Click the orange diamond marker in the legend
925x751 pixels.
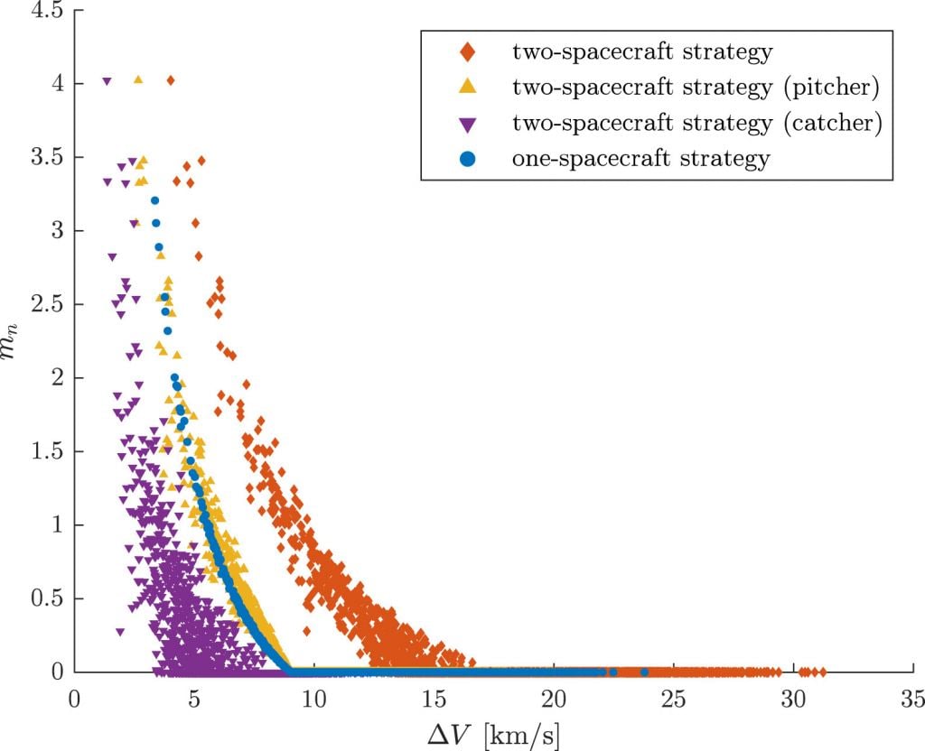point(467,52)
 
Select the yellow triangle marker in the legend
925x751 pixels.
point(467,88)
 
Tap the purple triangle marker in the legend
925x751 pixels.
point(467,124)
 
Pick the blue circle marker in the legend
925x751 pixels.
point(467,159)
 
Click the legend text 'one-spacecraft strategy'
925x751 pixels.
point(640,159)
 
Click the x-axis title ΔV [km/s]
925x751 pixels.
point(493,731)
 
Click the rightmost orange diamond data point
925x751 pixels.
point(822,672)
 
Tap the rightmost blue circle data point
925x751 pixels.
point(644,672)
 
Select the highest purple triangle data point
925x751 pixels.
point(107,81)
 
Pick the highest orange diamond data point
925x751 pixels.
point(170,80)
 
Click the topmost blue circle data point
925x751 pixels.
point(154,200)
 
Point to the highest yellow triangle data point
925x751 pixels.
point(138,79)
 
